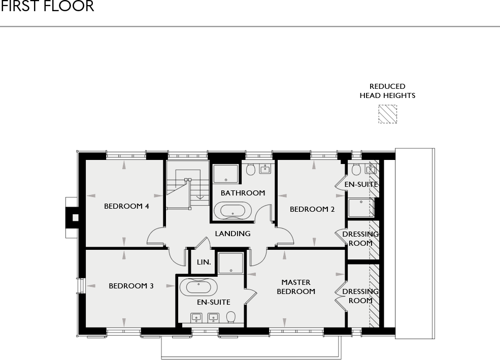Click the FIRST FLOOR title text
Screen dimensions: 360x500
pos(47,7)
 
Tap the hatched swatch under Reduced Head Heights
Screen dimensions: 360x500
pos(387,114)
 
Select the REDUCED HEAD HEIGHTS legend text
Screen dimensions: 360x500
pos(387,91)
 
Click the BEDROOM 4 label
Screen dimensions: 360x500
pos(126,206)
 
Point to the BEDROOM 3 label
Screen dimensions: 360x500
pos(131,286)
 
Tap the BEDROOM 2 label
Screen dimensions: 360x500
pos(312,209)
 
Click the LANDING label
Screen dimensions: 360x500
pos(232,234)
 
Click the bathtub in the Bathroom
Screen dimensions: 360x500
pos(232,210)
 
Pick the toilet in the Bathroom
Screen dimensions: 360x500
pos(250,169)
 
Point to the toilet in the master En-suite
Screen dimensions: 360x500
pos(231,317)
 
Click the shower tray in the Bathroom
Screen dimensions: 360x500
pos(225,173)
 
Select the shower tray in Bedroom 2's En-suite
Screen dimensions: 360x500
pos(360,208)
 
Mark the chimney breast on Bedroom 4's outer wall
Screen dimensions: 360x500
pos(74,218)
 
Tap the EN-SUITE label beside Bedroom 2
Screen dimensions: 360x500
pos(361,184)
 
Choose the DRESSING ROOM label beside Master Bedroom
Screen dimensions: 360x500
pos(360,296)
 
